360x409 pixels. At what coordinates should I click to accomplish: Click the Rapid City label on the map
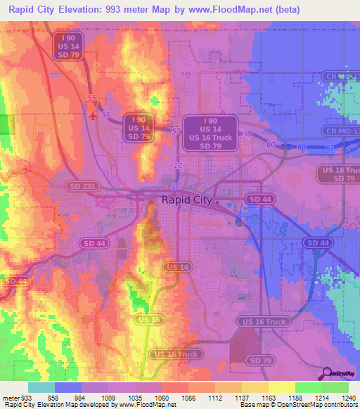coord(186,200)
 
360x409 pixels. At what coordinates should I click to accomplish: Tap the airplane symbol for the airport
coord(93,115)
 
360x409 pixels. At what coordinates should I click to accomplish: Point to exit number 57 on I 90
coord(176,131)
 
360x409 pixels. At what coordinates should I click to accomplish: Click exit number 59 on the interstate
coord(247,133)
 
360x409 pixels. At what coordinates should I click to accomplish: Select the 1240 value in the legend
coord(349,397)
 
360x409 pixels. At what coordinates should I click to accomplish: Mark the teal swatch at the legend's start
coord(41,387)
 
